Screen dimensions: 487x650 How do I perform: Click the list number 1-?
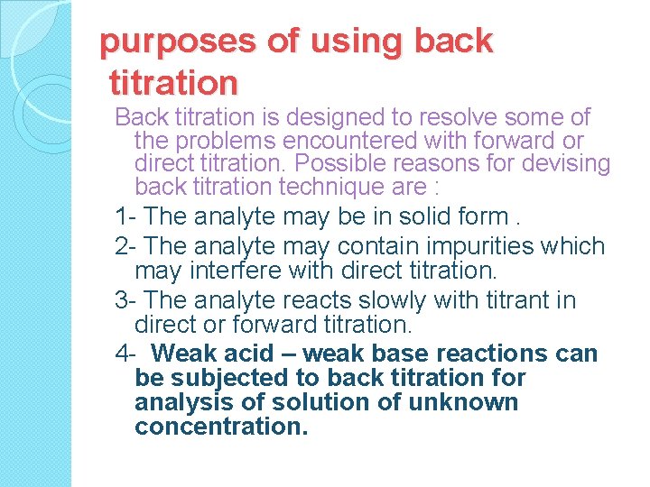pyautogui.click(x=126, y=216)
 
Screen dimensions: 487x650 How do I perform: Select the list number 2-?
pyautogui.click(x=126, y=245)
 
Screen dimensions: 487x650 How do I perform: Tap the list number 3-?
pyautogui.click(x=126, y=299)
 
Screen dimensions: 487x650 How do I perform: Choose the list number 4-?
pyautogui.click(x=126, y=354)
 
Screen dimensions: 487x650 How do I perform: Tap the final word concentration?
pyautogui.click(x=221, y=426)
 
